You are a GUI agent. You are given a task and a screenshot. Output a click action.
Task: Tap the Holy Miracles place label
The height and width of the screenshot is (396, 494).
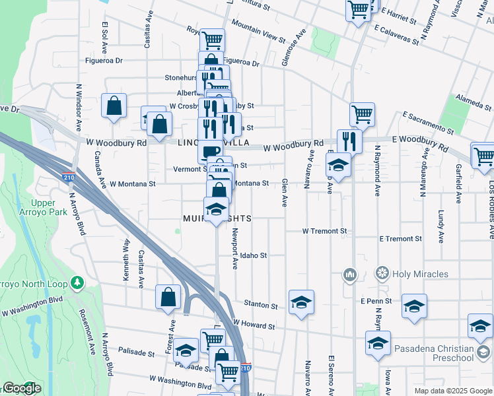point(420,274)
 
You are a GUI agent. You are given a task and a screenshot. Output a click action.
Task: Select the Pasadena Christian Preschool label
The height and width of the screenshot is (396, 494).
point(434,353)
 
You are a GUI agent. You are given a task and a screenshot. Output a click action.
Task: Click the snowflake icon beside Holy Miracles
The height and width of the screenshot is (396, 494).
point(382,273)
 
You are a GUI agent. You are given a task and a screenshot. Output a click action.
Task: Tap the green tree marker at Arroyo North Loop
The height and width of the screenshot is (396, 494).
point(78,282)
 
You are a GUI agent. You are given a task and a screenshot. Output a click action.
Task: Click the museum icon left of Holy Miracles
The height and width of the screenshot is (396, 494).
point(349,273)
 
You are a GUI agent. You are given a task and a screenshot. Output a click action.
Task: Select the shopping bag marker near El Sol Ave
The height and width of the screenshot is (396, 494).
point(114,105)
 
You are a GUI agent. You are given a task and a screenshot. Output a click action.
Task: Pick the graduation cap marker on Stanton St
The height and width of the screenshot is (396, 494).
point(301,302)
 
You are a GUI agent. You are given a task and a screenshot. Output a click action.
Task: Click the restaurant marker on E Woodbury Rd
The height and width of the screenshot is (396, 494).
point(349,141)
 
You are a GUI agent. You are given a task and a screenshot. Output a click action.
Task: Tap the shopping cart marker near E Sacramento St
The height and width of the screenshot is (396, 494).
point(362,114)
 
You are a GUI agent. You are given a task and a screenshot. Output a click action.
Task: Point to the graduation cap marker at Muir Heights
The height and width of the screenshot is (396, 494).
point(216,211)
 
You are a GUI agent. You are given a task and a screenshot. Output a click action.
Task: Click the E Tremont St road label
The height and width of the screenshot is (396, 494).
point(401,239)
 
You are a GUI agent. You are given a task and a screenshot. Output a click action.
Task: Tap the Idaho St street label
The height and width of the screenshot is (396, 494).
point(253,255)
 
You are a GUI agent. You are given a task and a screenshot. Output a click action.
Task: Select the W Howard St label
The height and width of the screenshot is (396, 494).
point(254,326)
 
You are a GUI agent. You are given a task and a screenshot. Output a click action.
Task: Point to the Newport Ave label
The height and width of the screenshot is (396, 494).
point(234,248)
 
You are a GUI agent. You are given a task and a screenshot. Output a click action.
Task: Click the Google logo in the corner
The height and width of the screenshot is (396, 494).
point(21,388)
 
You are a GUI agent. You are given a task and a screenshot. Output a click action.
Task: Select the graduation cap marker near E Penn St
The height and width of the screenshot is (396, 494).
point(414,306)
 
